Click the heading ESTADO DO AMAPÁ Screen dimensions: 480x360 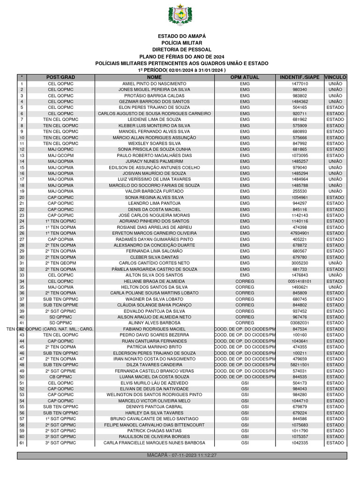point(181,36)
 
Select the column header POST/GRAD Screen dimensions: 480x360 point(61,77)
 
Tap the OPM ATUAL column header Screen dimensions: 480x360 point(245,77)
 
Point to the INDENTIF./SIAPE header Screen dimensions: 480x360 point(300,77)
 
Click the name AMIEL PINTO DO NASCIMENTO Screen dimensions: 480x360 point(154,83)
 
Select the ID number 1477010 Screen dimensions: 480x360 point(300,83)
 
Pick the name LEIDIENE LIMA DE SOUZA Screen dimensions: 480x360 point(154,120)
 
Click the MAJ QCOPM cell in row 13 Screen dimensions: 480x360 point(61,155)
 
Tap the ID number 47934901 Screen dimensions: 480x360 point(300,233)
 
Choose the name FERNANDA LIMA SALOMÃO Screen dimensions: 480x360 point(154,251)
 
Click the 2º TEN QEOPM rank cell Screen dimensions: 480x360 point(61,263)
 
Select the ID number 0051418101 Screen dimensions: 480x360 point(300,281)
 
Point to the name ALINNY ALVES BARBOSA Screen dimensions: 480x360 point(154,323)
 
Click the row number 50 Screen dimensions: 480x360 point(22,377)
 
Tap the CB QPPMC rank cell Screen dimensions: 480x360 point(61,377)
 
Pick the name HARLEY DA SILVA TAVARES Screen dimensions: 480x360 point(154,413)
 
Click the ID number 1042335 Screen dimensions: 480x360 point(300,443)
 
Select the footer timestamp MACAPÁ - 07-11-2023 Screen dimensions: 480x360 point(181,455)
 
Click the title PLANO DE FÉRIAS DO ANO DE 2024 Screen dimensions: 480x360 point(181,56)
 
